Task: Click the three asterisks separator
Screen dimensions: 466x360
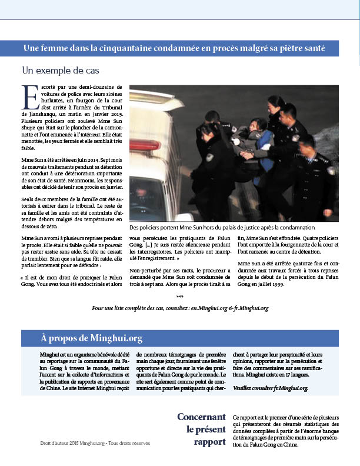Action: pyautogui.click(x=179, y=297)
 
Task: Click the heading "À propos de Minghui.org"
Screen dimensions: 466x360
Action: pyautogui.click(x=91, y=338)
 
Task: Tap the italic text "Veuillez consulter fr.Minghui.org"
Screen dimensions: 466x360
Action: pyautogui.click(x=270, y=389)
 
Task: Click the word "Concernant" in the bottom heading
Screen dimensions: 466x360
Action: pyautogui.click(x=201, y=417)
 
